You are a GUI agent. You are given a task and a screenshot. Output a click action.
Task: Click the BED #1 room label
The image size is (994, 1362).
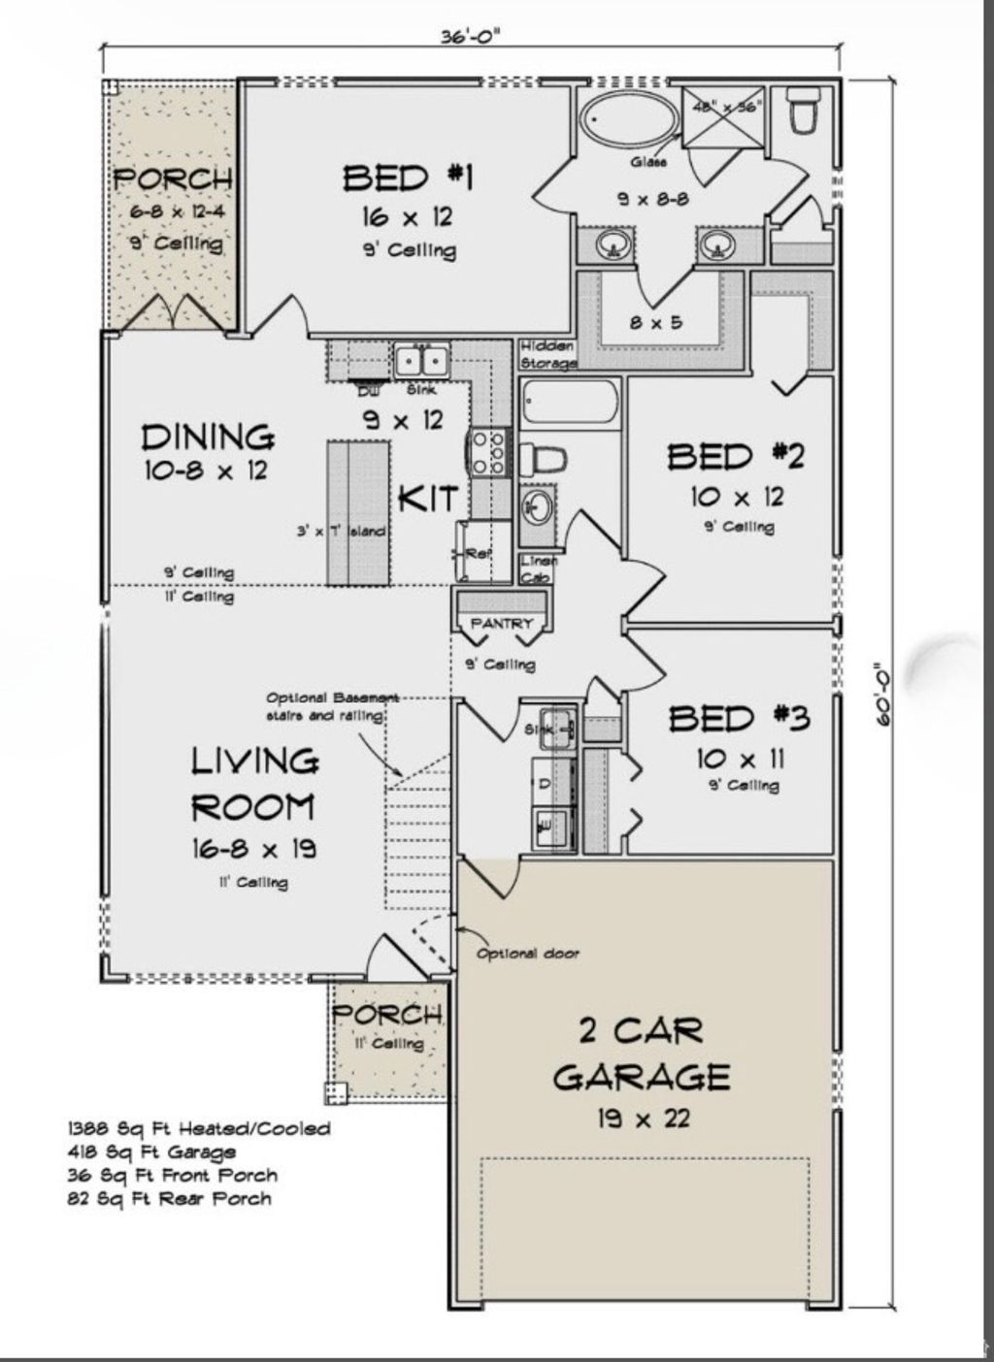(408, 178)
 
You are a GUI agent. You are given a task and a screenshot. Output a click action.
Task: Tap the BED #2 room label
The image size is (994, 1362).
(736, 456)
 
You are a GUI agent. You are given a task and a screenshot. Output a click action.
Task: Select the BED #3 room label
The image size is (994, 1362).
(739, 718)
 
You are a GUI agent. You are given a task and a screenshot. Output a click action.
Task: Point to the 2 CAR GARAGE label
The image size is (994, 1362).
(642, 1054)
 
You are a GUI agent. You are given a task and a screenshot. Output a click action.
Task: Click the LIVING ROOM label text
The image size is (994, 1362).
(253, 784)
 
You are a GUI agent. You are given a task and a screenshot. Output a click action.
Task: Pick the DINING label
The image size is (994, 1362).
(208, 438)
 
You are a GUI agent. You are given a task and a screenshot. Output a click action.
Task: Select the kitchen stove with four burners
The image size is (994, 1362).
(488, 452)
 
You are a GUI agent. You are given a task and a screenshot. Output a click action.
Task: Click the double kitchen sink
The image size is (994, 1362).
(420, 361)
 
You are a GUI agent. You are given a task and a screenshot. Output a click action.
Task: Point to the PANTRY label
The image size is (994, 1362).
(501, 624)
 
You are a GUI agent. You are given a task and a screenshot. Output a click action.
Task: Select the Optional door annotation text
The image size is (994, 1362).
(527, 954)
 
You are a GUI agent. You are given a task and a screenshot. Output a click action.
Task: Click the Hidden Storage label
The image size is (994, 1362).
(548, 354)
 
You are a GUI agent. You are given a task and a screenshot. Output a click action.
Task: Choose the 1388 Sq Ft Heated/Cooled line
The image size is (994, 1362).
(198, 1128)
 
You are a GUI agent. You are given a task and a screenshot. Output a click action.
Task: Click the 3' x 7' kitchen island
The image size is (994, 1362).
(357, 512)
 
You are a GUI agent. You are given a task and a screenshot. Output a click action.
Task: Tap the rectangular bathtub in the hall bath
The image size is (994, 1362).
(570, 403)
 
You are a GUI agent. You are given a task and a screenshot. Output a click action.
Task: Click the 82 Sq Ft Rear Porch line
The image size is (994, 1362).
(169, 1198)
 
